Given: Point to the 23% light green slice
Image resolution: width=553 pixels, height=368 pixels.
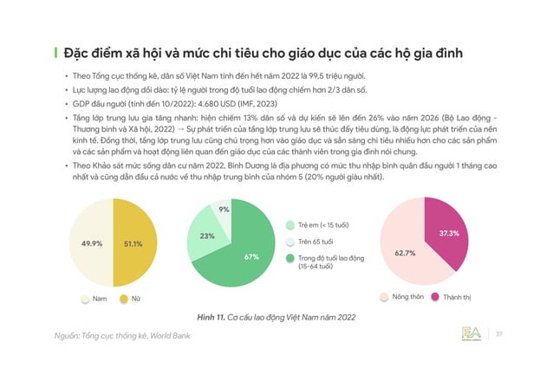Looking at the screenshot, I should pos(207,236).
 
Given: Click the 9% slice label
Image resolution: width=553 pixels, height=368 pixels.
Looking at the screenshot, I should pos(224,210).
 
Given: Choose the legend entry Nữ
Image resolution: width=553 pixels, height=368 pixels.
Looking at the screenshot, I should pos(131,299).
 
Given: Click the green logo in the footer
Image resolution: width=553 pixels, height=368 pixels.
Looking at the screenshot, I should pos(473,333).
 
